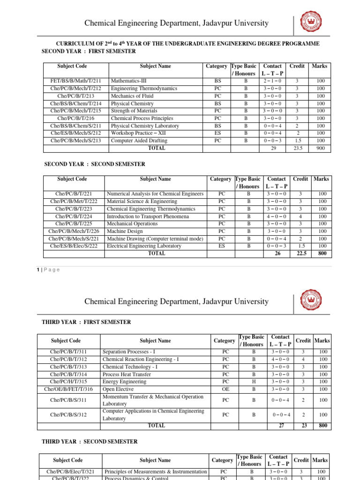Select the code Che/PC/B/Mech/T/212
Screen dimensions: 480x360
click(75, 89)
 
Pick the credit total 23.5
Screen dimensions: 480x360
click(297, 149)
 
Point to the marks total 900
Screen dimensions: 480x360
click(321, 149)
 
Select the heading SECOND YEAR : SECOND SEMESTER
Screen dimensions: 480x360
click(94, 164)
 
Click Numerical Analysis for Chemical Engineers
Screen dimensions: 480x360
click(155, 194)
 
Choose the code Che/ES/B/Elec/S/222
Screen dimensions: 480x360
click(74, 246)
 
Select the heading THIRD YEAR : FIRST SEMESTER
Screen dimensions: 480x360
click(86, 322)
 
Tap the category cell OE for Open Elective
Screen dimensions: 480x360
click(223, 389)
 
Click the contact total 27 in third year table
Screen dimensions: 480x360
click(281, 426)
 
